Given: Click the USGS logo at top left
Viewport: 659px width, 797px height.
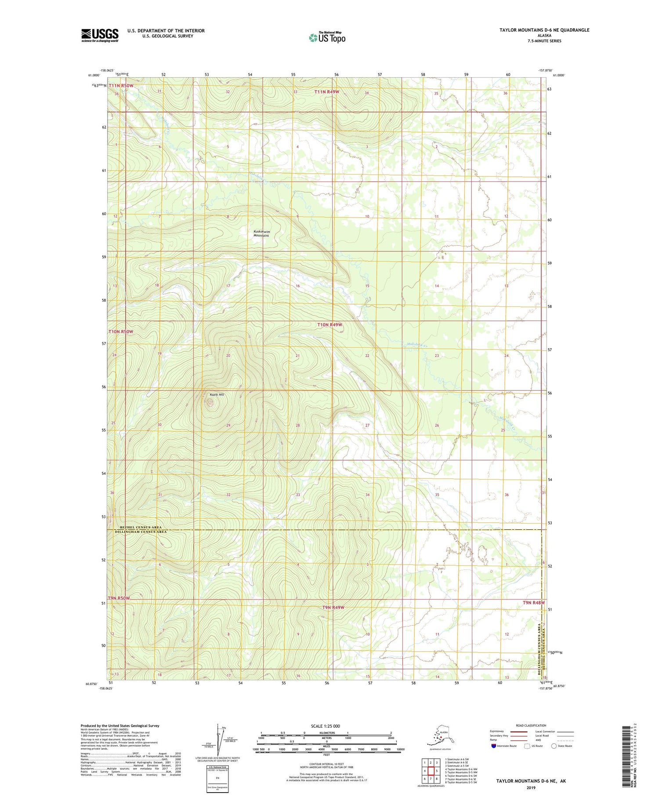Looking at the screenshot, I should [x=100, y=35].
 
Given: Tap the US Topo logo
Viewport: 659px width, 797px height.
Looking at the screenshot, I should [x=327, y=37].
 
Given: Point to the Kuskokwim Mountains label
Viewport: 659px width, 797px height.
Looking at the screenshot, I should [x=261, y=233].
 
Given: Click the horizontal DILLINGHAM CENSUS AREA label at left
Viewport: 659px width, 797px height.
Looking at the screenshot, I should [x=141, y=532].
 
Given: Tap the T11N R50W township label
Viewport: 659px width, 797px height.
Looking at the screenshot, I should [x=121, y=86].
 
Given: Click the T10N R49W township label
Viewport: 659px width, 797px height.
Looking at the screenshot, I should [x=329, y=325].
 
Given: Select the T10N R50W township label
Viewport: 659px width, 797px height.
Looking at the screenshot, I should [x=120, y=331].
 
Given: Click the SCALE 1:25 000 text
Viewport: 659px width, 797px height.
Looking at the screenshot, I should [x=325, y=726].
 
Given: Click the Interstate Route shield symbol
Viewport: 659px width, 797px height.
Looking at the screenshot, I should [x=493, y=746].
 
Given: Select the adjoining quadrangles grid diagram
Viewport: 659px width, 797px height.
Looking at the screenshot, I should [x=431, y=768].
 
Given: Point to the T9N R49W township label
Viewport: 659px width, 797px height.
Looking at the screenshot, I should [x=333, y=608].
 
